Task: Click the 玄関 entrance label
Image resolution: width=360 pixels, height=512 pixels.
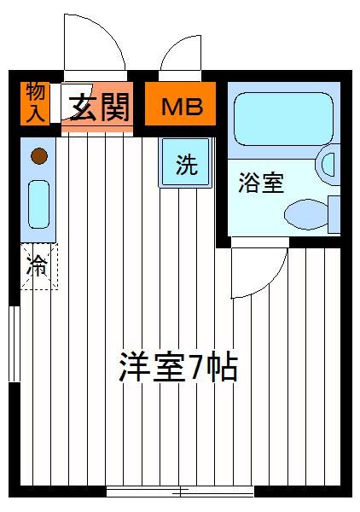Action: [100, 107]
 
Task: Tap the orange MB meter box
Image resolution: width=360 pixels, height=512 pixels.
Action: [180, 103]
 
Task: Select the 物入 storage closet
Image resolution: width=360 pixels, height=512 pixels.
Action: [35, 103]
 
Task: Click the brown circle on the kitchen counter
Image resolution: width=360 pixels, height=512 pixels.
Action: [39, 156]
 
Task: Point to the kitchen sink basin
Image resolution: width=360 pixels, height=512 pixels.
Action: [39, 204]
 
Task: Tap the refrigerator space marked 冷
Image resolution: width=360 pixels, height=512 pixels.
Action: [39, 266]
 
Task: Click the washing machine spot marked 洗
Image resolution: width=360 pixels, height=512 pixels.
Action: [185, 163]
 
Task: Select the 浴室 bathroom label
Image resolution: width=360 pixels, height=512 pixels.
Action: [261, 183]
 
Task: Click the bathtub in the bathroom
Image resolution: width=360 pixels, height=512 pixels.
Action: [284, 119]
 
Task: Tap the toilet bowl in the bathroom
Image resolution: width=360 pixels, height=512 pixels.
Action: [306, 214]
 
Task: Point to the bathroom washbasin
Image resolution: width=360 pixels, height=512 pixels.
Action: [328, 164]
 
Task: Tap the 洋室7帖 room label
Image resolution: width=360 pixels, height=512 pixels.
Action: [178, 366]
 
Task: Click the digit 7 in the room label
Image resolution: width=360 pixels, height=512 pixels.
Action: [197, 367]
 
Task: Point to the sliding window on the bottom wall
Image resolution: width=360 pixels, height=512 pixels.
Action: [180, 492]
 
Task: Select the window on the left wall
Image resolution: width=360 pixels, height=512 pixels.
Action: [15, 344]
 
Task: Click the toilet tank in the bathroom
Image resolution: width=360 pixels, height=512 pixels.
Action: [334, 214]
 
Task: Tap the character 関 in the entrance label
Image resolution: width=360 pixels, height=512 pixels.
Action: [115, 107]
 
